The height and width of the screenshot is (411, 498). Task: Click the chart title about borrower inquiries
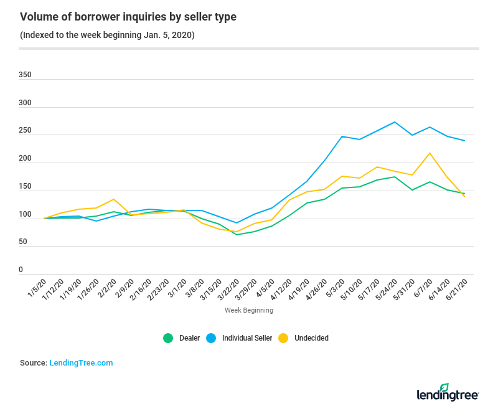pyautogui.click(x=128, y=17)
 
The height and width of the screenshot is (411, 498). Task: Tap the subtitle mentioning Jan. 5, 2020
pyautogui.click(x=107, y=35)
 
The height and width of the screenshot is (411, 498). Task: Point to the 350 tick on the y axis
pyautogui.click(x=25, y=75)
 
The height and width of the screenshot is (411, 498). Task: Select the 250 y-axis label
pyautogui.click(x=25, y=131)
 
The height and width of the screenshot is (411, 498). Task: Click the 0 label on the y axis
pyautogui.click(x=21, y=270)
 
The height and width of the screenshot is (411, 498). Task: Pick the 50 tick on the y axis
pyautogui.click(x=23, y=242)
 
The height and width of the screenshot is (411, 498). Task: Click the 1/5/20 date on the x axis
pyautogui.click(x=36, y=290)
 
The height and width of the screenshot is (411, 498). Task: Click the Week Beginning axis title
pyautogui.click(x=248, y=309)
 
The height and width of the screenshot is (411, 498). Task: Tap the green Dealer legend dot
pyautogui.click(x=168, y=338)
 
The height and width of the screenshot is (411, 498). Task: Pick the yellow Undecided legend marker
pyautogui.click(x=283, y=338)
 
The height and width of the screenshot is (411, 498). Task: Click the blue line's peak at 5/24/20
pyautogui.click(x=395, y=122)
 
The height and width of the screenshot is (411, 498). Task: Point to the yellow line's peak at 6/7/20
pyautogui.click(x=430, y=153)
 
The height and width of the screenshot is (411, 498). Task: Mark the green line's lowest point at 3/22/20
pyautogui.click(x=237, y=235)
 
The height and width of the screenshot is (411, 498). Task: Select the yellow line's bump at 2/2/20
pyautogui.click(x=114, y=199)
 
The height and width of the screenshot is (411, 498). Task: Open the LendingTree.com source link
pyautogui.click(x=81, y=362)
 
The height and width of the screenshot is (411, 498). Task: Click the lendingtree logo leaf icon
pyautogui.click(x=444, y=387)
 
